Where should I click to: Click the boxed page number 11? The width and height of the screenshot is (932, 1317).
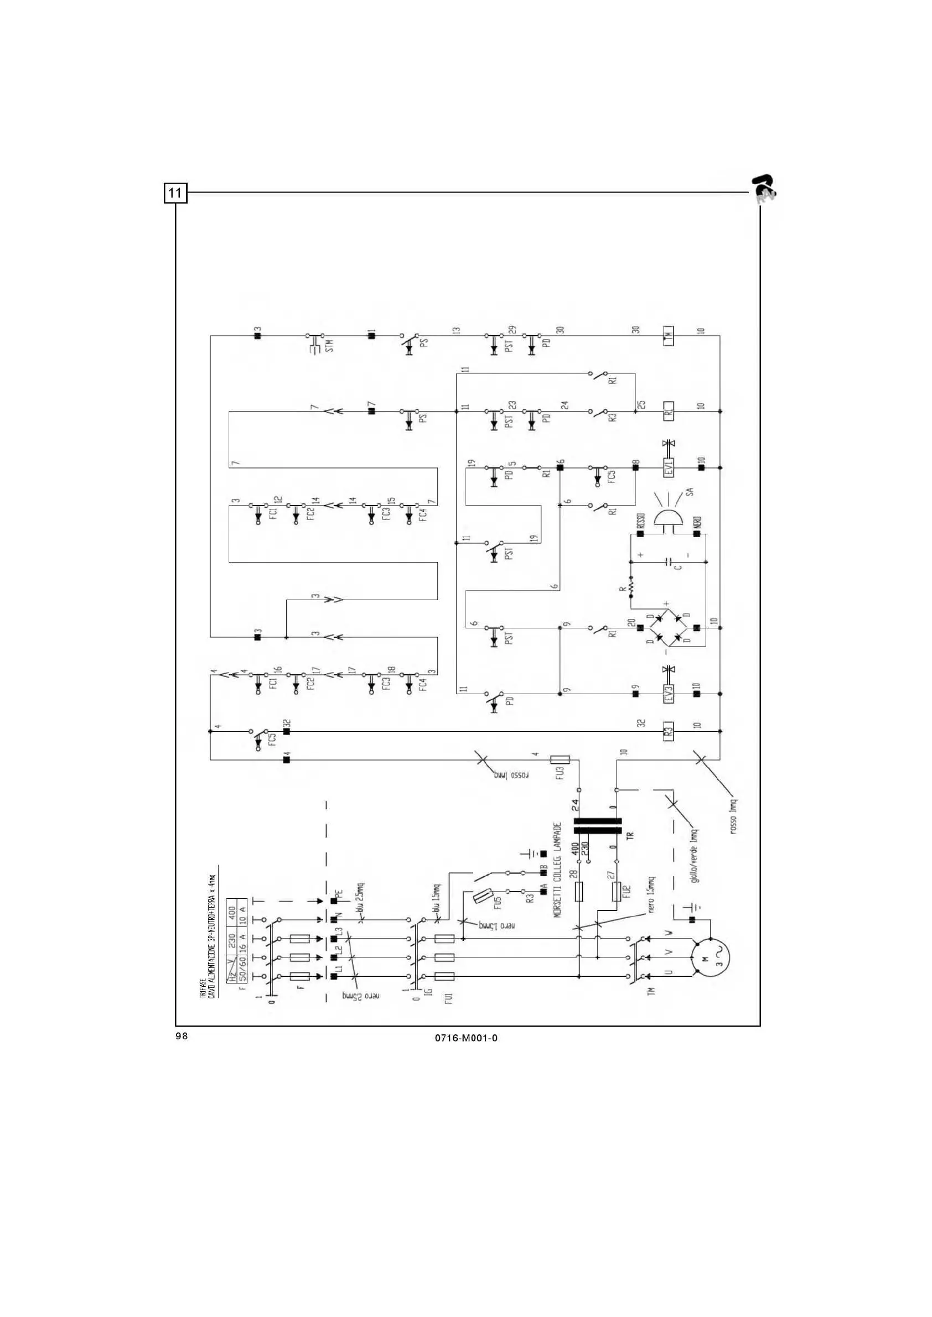175,192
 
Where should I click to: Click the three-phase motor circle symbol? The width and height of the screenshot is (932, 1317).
710,957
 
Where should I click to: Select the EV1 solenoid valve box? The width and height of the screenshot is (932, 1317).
669,467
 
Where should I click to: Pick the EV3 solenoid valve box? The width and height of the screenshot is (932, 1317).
669,694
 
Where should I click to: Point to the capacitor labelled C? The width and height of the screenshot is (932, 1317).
669,562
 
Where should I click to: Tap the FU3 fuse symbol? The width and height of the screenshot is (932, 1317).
560,760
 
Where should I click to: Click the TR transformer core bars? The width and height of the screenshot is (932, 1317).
597,826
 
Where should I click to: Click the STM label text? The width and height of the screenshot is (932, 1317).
329,345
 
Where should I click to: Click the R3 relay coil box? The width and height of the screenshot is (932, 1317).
669,731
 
